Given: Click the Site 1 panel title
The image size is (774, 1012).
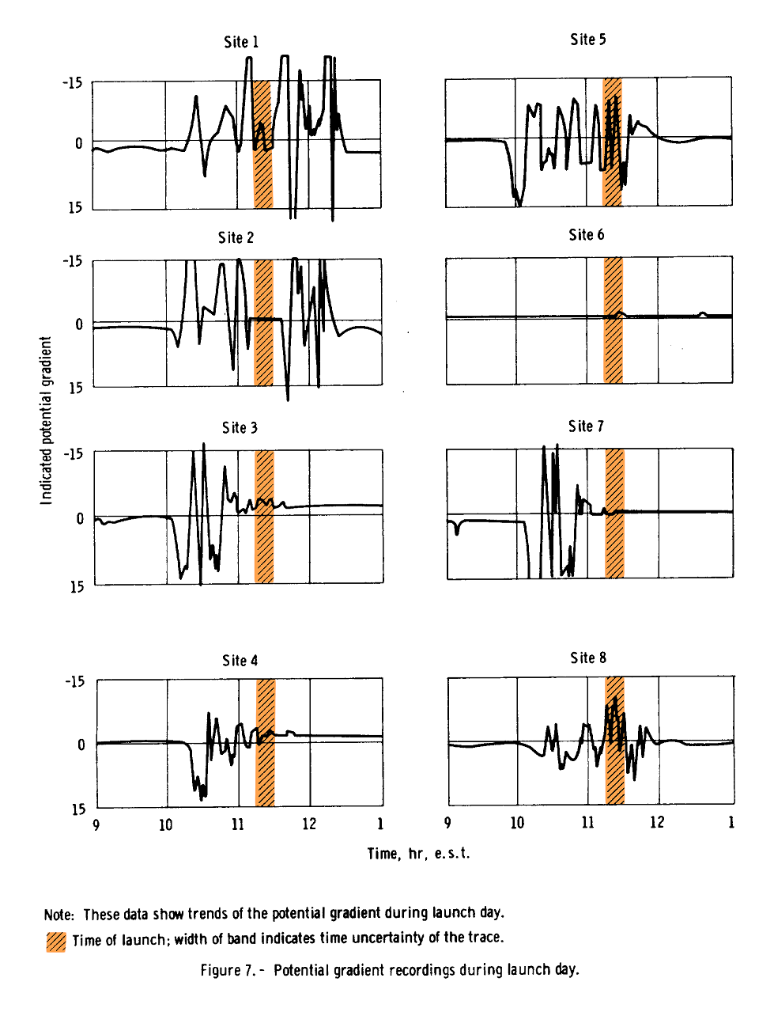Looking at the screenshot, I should (x=241, y=42).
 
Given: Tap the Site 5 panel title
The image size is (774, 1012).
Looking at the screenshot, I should (x=587, y=40).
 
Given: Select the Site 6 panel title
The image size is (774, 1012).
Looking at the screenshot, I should (x=586, y=234).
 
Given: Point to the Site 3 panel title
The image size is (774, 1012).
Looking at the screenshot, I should (x=240, y=427).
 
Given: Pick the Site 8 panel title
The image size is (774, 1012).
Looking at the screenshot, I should (x=588, y=658).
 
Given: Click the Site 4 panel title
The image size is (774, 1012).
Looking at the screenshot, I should (x=240, y=660).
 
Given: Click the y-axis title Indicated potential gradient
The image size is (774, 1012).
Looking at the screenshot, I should (x=46, y=420).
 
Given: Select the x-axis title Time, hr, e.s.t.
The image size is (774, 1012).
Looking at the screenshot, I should (x=418, y=853).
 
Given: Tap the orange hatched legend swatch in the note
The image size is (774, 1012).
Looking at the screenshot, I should (x=56, y=942).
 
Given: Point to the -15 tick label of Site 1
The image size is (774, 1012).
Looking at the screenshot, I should (x=72, y=82).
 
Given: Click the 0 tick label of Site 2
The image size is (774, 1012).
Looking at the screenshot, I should (x=79, y=324).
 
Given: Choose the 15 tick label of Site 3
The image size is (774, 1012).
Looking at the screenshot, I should (x=76, y=586).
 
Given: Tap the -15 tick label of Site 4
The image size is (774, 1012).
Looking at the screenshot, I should (x=74, y=681).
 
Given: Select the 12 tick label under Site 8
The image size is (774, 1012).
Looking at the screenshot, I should (x=657, y=822).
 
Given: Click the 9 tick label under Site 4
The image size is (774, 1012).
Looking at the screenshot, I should (x=96, y=825).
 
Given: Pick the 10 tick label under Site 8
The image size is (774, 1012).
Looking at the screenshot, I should (x=517, y=822).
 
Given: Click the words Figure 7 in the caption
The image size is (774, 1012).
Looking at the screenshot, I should (x=225, y=970).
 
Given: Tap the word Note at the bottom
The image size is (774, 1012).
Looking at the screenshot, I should (x=59, y=915).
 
